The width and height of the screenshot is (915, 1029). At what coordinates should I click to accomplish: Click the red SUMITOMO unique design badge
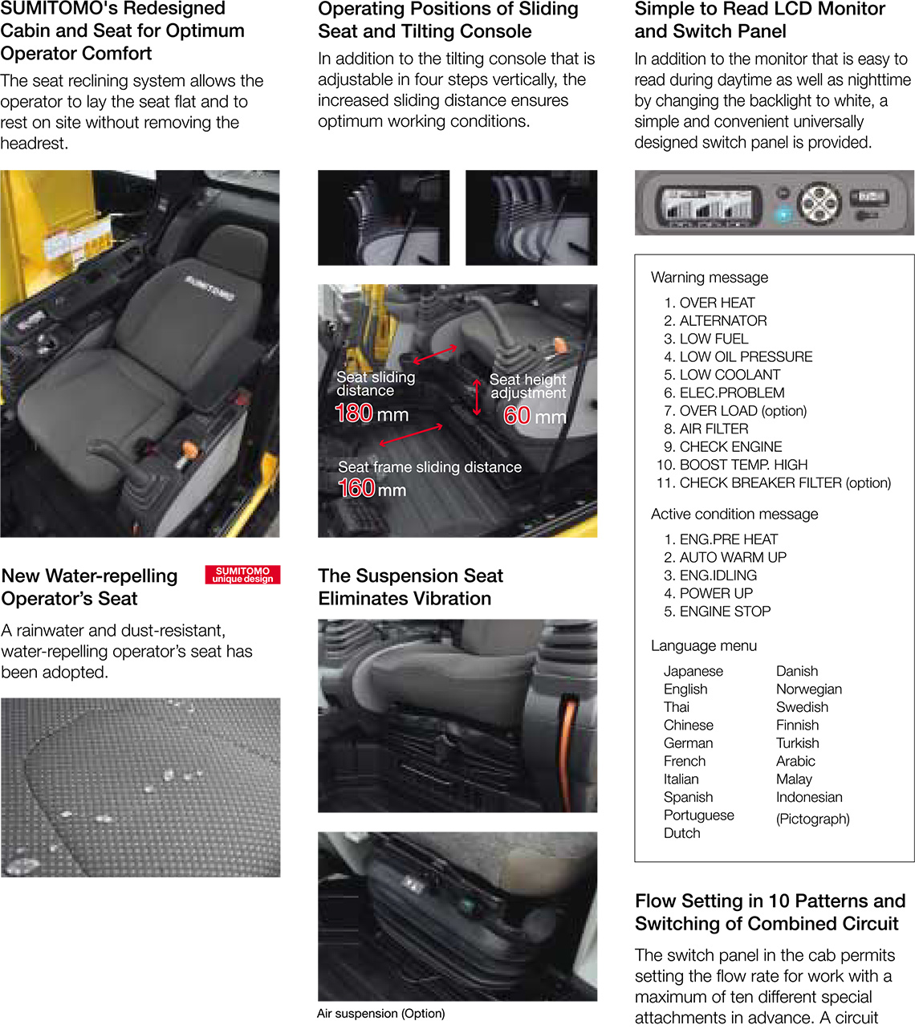coord(242,575)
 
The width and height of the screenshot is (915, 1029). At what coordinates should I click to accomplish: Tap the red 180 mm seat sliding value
coord(372,413)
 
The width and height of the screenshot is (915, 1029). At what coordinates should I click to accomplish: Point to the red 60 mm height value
coord(535,416)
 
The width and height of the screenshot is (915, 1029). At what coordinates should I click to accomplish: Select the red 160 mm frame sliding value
coord(372,489)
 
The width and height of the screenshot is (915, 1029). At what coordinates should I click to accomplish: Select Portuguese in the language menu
coord(698,815)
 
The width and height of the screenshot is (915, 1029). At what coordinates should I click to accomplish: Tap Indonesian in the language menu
coord(809,797)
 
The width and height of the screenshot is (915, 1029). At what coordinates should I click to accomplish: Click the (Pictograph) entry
coord(812,819)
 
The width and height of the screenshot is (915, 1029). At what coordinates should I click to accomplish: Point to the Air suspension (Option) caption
coord(381,1013)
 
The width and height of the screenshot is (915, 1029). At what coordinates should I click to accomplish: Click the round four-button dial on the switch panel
coord(819,203)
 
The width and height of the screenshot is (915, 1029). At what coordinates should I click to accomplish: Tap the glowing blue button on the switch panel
coord(783,215)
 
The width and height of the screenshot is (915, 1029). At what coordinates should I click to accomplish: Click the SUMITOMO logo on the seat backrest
coord(209,288)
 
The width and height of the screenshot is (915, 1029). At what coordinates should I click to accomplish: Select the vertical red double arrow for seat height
coord(477,397)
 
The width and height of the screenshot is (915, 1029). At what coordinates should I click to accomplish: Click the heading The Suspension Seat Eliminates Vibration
coord(410,587)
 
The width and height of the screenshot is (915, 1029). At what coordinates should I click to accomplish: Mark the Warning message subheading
coord(710,277)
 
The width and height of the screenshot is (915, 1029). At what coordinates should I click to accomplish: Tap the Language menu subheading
coord(704,645)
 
